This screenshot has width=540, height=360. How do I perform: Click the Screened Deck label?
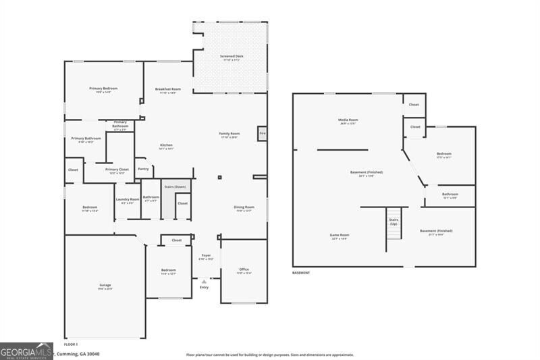[232, 56]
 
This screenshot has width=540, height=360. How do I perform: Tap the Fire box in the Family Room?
[262, 134]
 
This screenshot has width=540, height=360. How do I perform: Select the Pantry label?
[143, 169]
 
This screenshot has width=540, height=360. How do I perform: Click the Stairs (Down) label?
[175, 186]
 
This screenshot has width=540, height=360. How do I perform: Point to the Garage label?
[105, 285]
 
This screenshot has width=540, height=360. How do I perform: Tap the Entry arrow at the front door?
[204, 281]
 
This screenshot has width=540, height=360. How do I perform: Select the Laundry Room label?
[127, 199]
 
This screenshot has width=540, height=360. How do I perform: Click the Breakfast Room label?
[167, 89]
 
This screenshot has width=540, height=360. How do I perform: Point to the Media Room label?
[348, 120]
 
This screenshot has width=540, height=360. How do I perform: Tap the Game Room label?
[340, 235]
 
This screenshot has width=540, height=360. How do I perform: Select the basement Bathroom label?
[450, 195]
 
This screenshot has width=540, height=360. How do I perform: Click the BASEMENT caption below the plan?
[301, 273]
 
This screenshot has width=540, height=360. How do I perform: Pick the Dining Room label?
[244, 207]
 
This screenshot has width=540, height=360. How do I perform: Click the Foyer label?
[206, 255]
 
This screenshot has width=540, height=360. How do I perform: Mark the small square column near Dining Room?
[220, 178]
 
